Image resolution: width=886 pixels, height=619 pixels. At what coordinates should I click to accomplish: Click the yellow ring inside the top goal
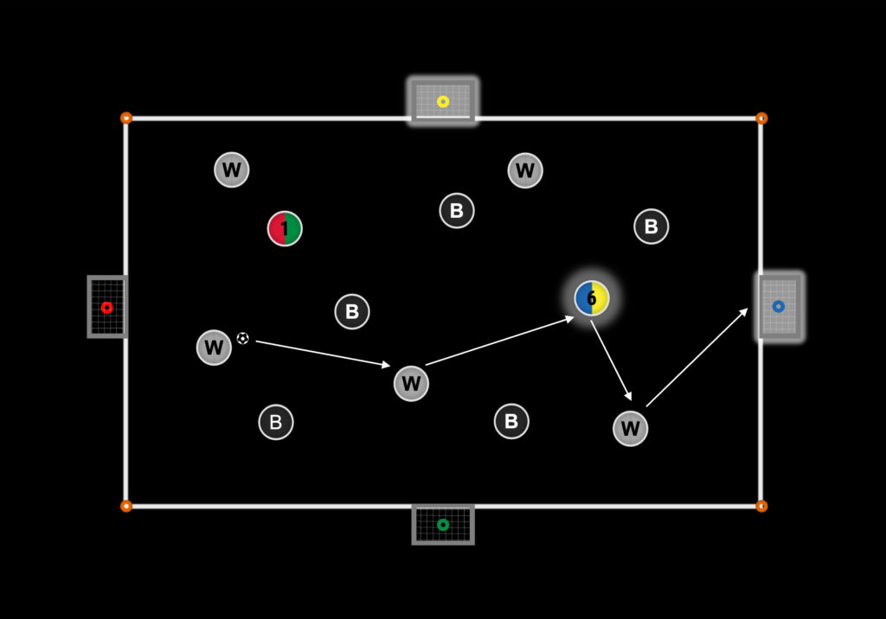coord(443,101)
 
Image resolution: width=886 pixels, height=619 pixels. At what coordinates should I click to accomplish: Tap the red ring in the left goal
coord(106,307)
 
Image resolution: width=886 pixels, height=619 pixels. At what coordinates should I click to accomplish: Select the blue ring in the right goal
coord(778,306)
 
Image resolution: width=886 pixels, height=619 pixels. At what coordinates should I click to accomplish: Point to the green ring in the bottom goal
coord(443,524)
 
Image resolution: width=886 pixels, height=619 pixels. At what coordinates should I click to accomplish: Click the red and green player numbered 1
coord(285,228)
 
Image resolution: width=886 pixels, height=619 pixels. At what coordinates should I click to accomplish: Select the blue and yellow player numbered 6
coord(592,298)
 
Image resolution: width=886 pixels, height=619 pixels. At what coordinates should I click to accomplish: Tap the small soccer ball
coord(242,338)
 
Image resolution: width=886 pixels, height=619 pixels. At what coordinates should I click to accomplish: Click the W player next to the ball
coord(214,348)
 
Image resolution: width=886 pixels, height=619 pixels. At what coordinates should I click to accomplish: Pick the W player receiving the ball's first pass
coord(411,383)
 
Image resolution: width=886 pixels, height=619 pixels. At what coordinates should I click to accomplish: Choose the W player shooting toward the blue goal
coord(630,428)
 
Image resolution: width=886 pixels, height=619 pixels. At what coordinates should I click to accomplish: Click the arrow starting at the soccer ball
coord(323,354)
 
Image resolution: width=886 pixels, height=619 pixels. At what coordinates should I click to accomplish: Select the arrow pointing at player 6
coord(499,341)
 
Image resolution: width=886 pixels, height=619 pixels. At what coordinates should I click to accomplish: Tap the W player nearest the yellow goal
coord(525,170)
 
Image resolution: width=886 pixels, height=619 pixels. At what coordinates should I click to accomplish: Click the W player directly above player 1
coord(232,169)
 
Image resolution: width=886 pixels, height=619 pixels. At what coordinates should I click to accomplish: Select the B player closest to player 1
coord(352,311)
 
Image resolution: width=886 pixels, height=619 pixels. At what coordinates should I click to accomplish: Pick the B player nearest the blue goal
coord(652,227)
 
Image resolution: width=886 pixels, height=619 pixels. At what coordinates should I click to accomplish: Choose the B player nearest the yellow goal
coord(457,210)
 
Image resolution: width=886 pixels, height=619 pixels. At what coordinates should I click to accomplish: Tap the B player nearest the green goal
coord(511,421)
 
